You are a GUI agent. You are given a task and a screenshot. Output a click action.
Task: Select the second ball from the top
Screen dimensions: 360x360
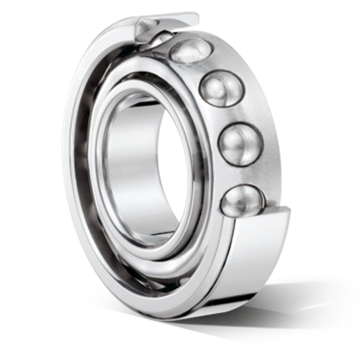click(221, 89)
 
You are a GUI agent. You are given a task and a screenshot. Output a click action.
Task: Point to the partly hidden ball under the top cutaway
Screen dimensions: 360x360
click(160, 37)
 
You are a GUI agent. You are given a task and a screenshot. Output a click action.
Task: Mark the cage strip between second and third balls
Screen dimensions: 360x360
click(232, 116)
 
